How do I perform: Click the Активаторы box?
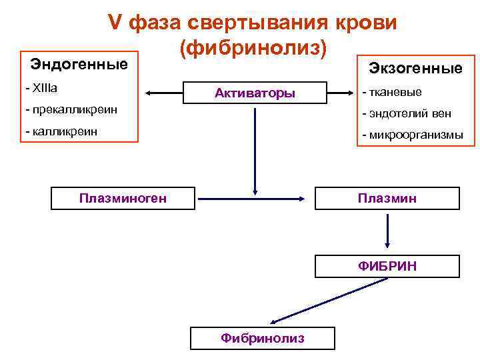pyautogui.click(x=255, y=93)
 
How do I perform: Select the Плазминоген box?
pyautogui.click(x=123, y=198)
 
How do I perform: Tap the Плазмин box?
pyautogui.click(x=387, y=199)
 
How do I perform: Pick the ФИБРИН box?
pyautogui.click(x=387, y=266)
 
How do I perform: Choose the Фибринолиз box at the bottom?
pyautogui.click(x=262, y=338)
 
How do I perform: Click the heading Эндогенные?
pyautogui.click(x=79, y=65)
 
